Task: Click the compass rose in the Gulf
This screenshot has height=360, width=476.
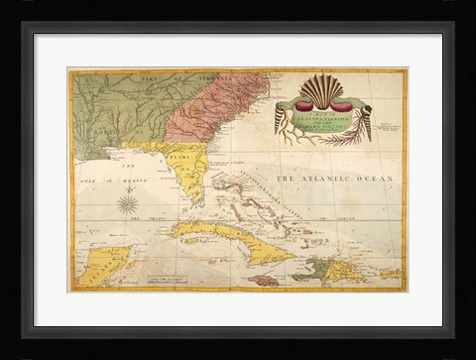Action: pyautogui.click(x=128, y=205)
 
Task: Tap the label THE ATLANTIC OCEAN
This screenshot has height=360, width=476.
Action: pyautogui.click(x=334, y=179)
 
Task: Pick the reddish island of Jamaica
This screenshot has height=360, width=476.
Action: pyautogui.click(x=264, y=281)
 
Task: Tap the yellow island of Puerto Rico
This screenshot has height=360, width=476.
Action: pyautogui.click(x=390, y=273)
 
